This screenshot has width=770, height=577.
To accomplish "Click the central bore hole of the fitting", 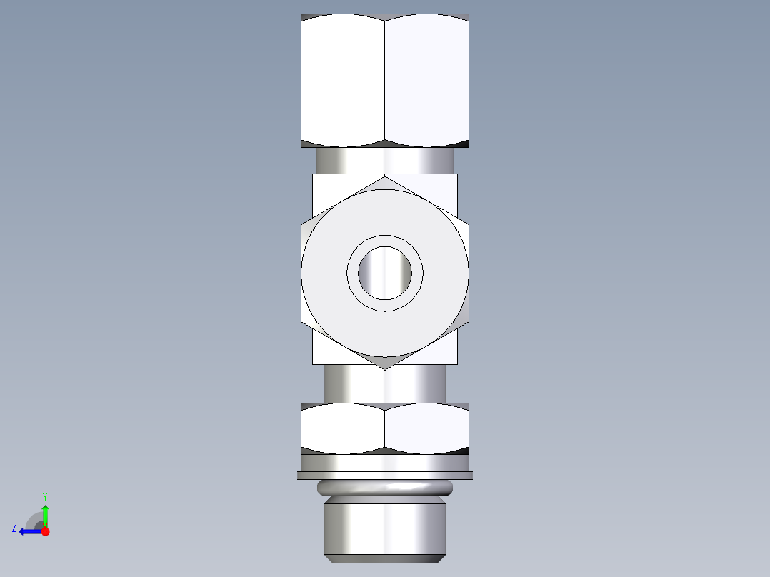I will (x=385, y=273).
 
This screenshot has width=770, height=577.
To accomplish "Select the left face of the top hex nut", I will (x=343, y=80).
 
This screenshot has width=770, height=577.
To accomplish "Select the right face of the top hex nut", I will (x=426, y=80).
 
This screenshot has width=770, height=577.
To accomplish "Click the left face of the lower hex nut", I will (x=343, y=428).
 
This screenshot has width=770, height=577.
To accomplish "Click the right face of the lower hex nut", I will (x=426, y=428).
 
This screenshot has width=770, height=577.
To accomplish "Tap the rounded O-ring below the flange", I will (x=385, y=488).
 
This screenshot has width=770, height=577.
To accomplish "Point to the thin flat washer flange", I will (x=385, y=475).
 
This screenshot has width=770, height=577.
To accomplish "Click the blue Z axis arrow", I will (x=29, y=531).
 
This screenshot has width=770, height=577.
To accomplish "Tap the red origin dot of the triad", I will (x=45, y=531).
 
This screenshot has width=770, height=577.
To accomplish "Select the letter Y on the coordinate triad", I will (x=44, y=496).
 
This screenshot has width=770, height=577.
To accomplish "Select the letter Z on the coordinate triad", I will (x=14, y=528).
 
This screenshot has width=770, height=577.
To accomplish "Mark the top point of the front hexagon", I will (x=385, y=178).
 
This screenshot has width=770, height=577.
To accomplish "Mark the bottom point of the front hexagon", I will (x=385, y=368).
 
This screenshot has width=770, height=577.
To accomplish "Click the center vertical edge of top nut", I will (x=385, y=80).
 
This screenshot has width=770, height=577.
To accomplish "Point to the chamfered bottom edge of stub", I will (x=385, y=558).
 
